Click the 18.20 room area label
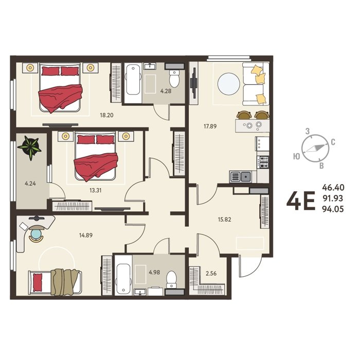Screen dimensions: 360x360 pos(106,115)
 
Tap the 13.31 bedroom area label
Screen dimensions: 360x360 pos(96,190)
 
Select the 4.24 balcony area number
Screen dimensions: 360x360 pos(30,184)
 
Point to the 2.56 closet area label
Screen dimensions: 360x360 pos(211,274)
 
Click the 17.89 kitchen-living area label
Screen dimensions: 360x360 pos(210,127)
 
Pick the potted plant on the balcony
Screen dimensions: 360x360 pos(30,148)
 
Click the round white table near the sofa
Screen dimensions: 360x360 pos(229,84)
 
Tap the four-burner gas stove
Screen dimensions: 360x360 pos(263,162)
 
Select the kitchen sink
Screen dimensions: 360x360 pos(240,177)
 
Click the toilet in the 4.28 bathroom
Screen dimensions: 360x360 pos(174,79)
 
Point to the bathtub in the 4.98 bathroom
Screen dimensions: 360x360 pos(123,279)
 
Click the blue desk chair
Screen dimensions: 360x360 pos(37,233)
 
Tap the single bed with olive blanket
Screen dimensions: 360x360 pos(55,282)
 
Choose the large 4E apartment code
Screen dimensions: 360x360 pos(301,202)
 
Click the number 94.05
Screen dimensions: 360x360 pos(333,209)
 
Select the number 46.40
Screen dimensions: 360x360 pos(333,188)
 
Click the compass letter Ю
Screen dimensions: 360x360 pos(297,156)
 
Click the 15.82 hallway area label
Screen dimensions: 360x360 pos(225,220)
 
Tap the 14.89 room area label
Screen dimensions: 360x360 pos(86,236)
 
